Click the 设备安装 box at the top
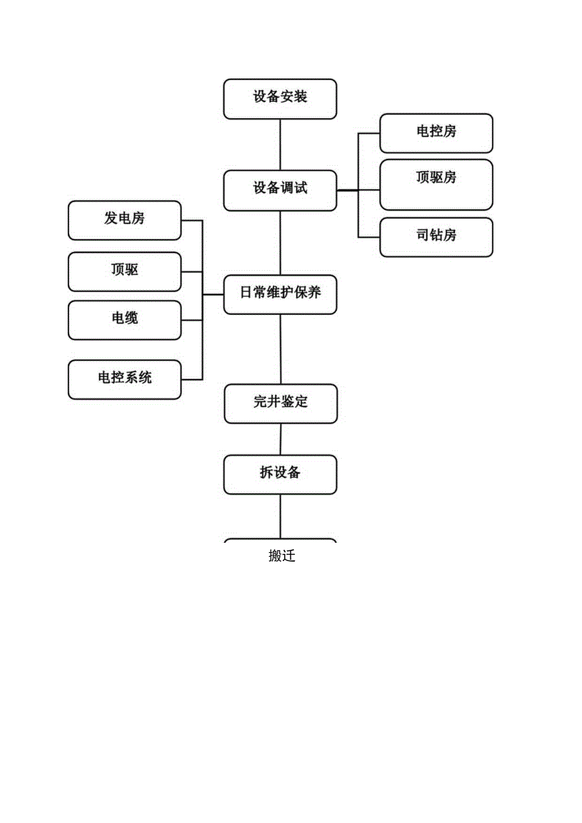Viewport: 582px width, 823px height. tap(280, 98)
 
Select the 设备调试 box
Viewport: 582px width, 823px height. tap(280, 190)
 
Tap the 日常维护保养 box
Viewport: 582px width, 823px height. tap(280, 294)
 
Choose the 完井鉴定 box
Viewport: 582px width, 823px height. tap(281, 404)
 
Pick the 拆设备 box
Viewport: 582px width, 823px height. tap(280, 474)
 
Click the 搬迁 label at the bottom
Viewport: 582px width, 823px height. tap(281, 556)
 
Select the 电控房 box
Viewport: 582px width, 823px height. tap(436, 133)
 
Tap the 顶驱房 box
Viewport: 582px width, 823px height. tap(436, 184)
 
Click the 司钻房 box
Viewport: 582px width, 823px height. tap(436, 237)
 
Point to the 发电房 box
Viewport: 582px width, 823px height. tap(125, 220)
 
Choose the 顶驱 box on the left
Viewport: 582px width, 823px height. tap(125, 271)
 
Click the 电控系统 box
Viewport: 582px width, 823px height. tap(125, 380)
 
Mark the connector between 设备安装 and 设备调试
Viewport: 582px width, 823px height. tap(280, 144)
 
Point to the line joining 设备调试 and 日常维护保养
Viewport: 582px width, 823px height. tap(280, 243)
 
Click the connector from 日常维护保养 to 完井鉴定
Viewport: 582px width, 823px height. tap(281, 349)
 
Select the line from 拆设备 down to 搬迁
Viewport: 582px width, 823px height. tap(281, 516)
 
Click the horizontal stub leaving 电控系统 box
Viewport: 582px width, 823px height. tap(192, 380)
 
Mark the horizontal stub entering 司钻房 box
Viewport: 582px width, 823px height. tap(369, 237)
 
